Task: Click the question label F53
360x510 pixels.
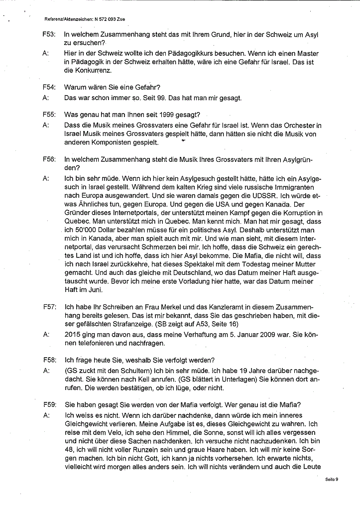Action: pyautogui.click(x=49, y=35)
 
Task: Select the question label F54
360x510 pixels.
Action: pyautogui.click(x=49, y=87)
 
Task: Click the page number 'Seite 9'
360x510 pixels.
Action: pyautogui.click(x=332, y=479)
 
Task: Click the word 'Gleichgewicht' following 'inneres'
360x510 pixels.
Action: pyautogui.click(x=88, y=424)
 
